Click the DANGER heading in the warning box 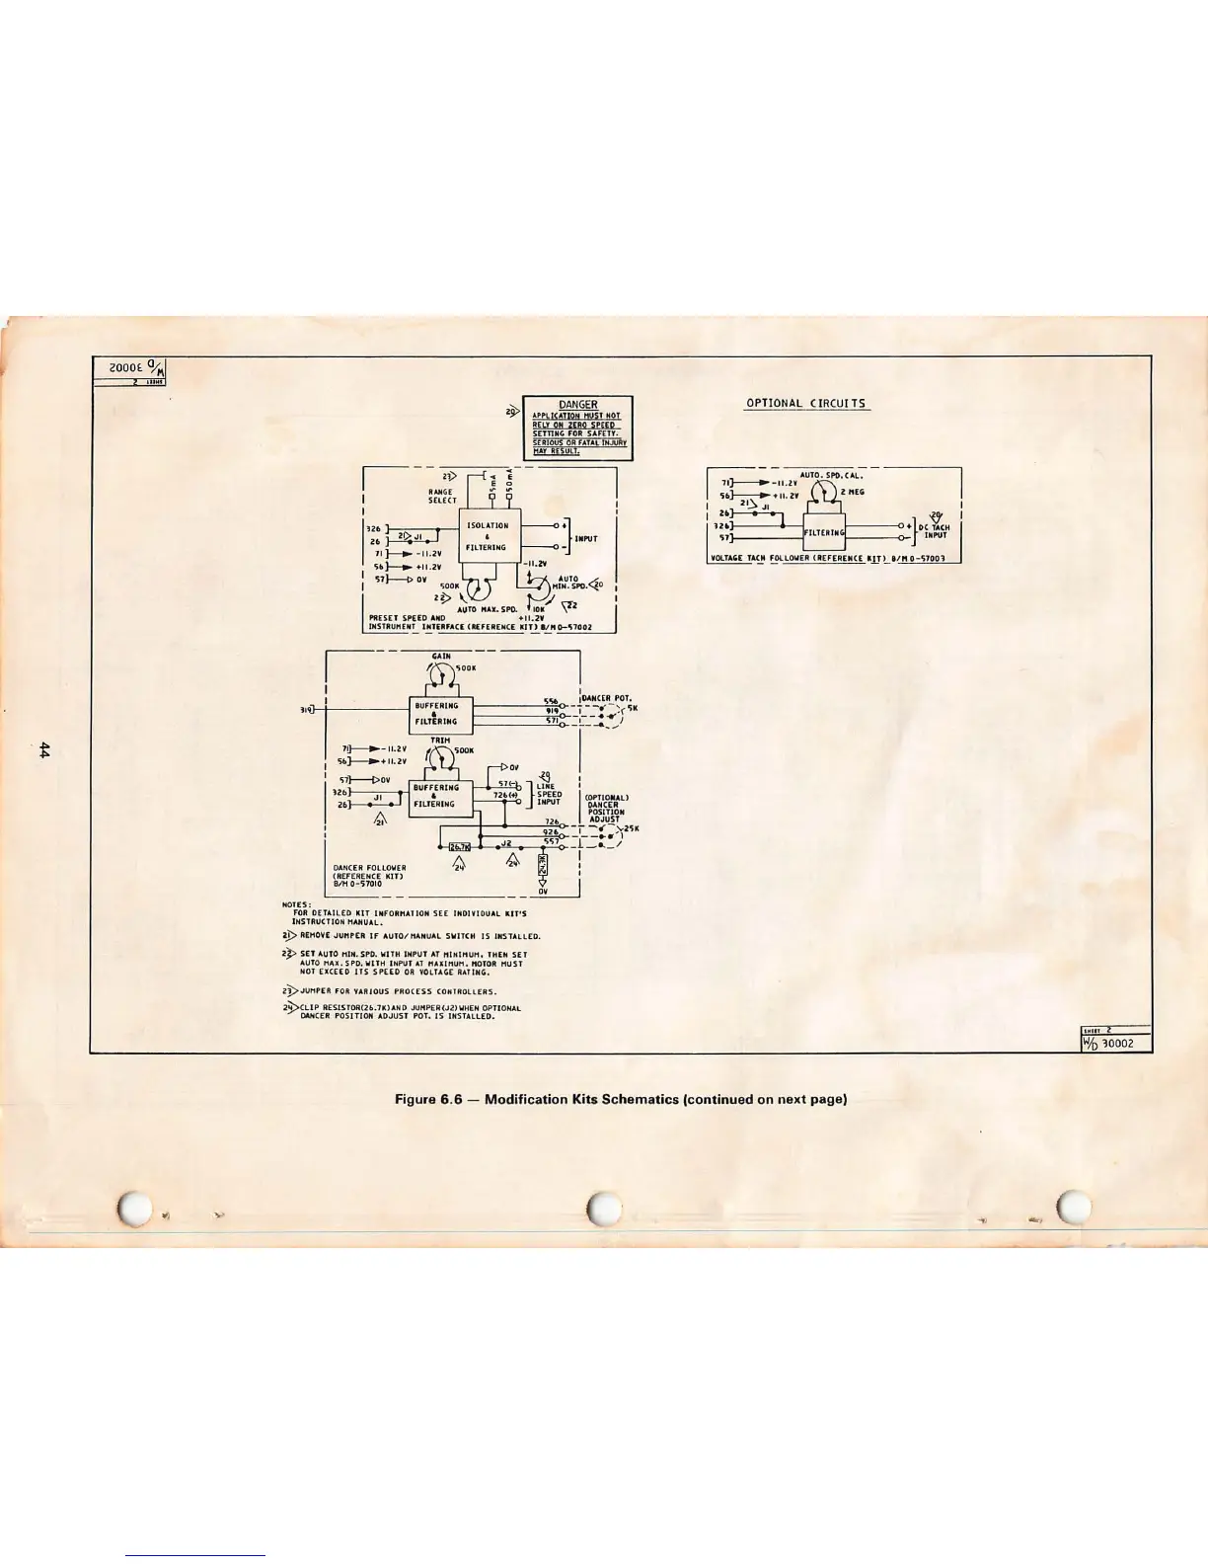pyautogui.click(x=576, y=405)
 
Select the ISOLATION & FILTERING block pyautogui.click(x=488, y=536)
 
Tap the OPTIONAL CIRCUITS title pyautogui.click(x=805, y=403)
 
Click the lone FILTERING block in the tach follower pyautogui.click(x=824, y=532)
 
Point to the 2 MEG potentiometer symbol pyautogui.click(x=825, y=489)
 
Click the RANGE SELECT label pyautogui.click(x=441, y=496)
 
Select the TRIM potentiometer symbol pyautogui.click(x=440, y=756)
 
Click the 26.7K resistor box pyautogui.click(x=460, y=846)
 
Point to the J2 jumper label pyautogui.click(x=505, y=842)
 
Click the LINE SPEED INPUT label pyautogui.click(x=549, y=794)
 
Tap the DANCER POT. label pyautogui.click(x=611, y=698)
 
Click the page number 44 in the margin pyautogui.click(x=44, y=750)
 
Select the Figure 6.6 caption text pyautogui.click(x=621, y=1099)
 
